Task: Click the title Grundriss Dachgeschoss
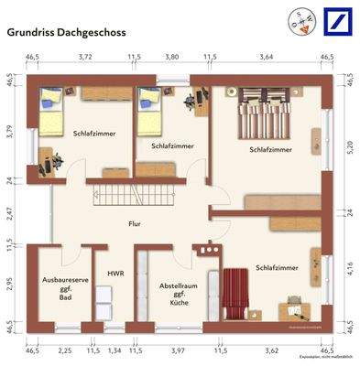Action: (x=67, y=30)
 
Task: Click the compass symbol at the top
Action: (x=300, y=19)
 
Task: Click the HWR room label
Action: (x=115, y=273)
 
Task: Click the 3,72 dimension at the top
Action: (x=86, y=57)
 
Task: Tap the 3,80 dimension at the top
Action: (x=170, y=57)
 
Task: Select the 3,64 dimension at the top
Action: (x=266, y=57)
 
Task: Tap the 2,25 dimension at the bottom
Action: (x=66, y=350)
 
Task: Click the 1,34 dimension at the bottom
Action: (x=115, y=350)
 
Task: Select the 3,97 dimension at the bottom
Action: (x=178, y=350)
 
